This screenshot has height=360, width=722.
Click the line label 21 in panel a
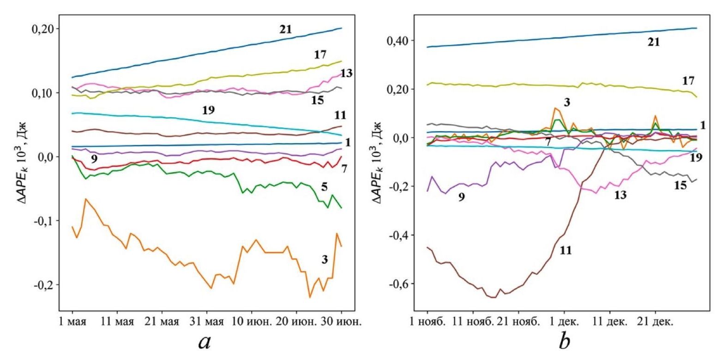click(x=286, y=30)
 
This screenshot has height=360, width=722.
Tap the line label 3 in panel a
click(x=325, y=260)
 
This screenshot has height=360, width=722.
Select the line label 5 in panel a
click(x=325, y=187)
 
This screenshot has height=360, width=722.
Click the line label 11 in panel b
click(x=566, y=251)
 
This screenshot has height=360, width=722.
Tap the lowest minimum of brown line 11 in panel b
click(x=494, y=298)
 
